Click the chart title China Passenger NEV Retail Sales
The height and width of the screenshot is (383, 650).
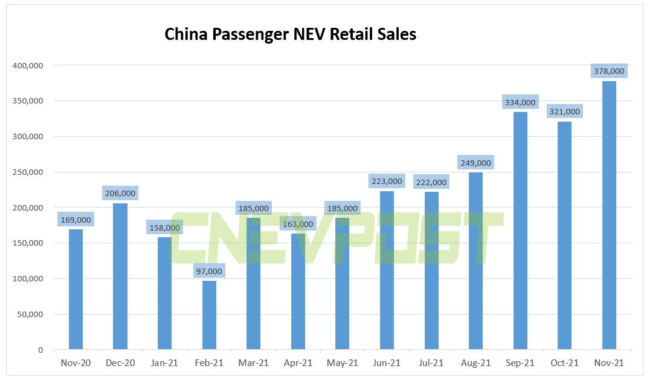click(x=290, y=34)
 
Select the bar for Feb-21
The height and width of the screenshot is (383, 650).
click(x=209, y=315)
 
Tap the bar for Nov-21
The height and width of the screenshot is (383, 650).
click(x=609, y=215)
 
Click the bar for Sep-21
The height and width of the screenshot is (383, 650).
click(x=520, y=231)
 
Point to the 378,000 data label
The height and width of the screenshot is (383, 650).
click(x=609, y=71)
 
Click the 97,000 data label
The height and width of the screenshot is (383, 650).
click(x=209, y=271)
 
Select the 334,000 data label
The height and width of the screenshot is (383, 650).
click(x=520, y=103)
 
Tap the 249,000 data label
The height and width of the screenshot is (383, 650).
click(x=475, y=163)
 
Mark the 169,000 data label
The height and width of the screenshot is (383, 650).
click(x=76, y=220)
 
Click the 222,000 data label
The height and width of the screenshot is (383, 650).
click(x=431, y=182)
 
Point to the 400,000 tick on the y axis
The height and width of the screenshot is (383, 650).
click(x=28, y=65)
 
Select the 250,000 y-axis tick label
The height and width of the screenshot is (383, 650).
click(x=28, y=172)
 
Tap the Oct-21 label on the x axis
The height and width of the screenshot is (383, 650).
click(x=564, y=362)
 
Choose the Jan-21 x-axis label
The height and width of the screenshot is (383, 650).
click(x=164, y=362)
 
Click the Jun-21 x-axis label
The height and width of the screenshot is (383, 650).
click(x=387, y=362)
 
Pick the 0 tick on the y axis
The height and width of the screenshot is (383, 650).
click(x=41, y=350)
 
